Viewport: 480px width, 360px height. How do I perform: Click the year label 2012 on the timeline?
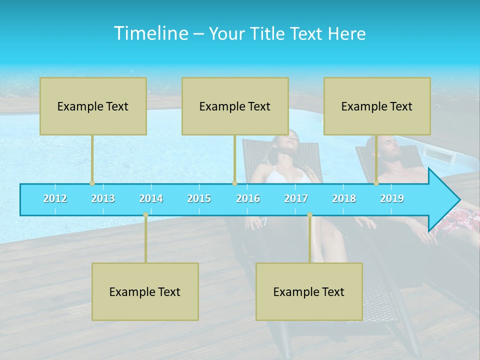(55, 198)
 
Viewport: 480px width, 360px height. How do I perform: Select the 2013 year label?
(103, 198)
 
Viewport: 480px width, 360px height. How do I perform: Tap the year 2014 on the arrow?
(151, 198)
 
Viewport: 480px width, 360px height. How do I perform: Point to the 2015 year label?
(199, 198)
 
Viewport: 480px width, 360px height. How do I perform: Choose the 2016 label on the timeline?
(248, 198)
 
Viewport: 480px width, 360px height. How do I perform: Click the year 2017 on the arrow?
(296, 198)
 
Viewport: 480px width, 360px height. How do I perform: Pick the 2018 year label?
(344, 198)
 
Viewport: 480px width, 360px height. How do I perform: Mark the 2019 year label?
(392, 198)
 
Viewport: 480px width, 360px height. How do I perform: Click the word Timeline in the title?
(150, 33)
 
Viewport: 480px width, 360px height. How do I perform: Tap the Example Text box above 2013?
(93, 106)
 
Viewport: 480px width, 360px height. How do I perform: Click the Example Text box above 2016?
(235, 106)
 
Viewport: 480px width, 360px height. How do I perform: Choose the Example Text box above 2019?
(377, 106)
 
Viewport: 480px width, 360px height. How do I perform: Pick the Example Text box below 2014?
(145, 291)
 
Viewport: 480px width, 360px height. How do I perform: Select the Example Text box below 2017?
(309, 291)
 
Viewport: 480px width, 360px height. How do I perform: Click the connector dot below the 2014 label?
(145, 215)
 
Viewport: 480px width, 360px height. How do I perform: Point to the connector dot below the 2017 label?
(309, 215)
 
